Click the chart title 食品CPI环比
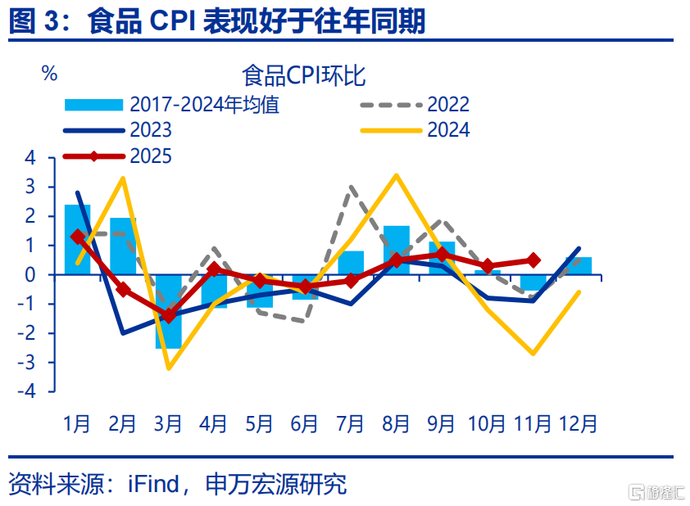pos(304,76)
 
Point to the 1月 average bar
pos(78,240)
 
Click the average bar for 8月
pos(397,250)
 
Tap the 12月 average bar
pos(579,266)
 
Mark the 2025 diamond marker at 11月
pos(533,260)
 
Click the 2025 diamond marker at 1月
pos(78,237)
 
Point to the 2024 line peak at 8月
pos(397,175)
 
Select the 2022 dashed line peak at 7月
pos(352,188)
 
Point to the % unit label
pos(49,74)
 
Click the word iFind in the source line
pos(153,484)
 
